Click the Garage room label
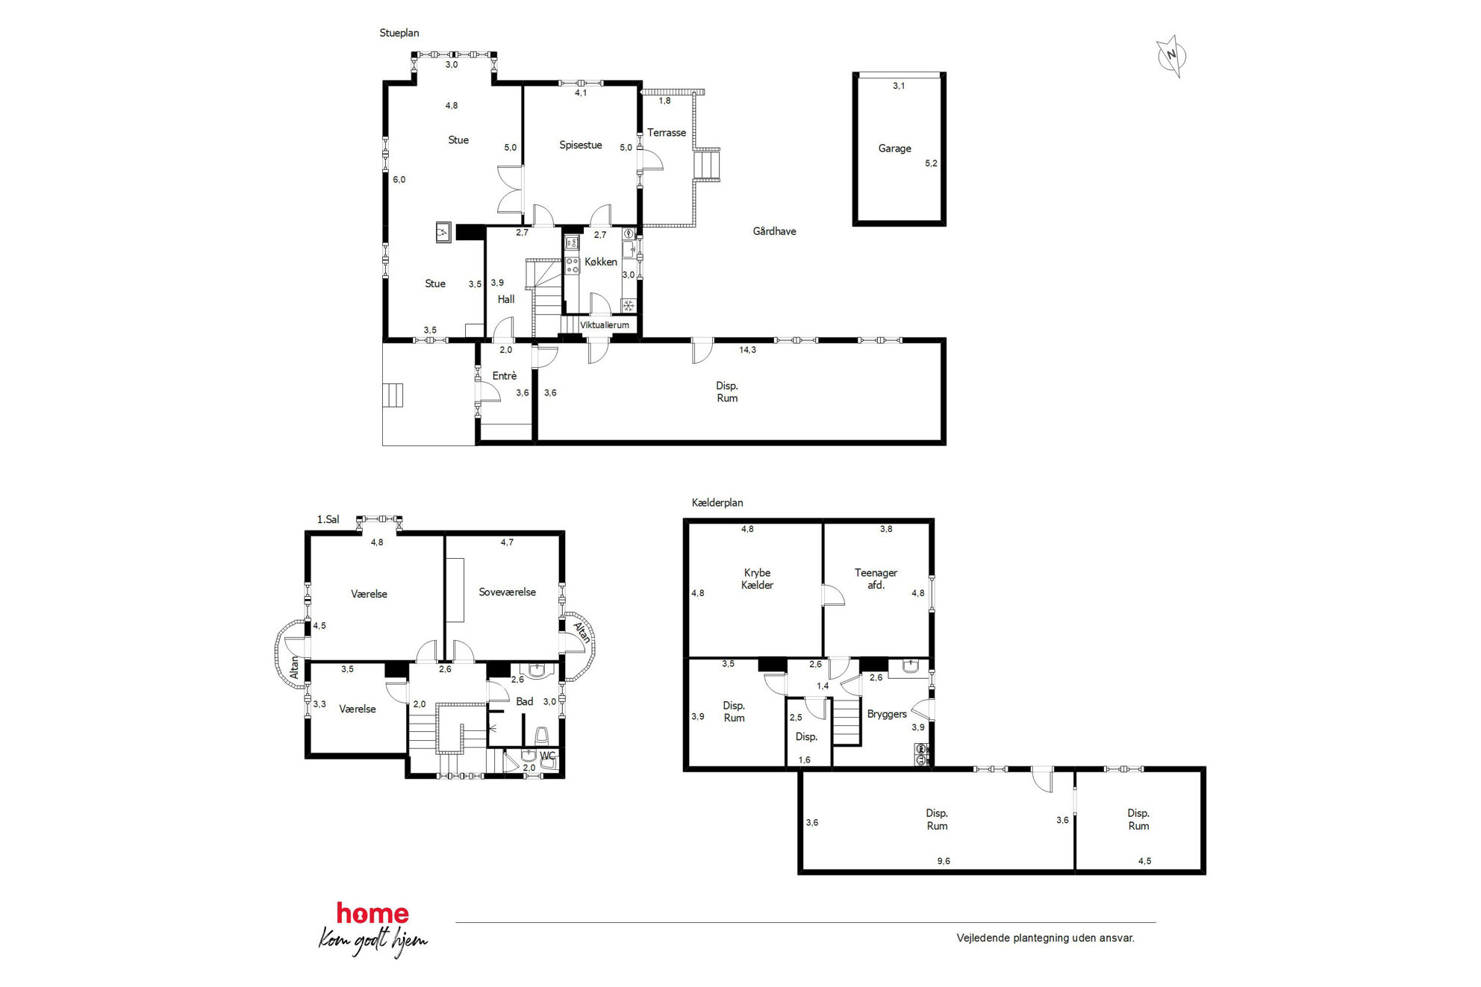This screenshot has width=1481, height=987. [x=894, y=148]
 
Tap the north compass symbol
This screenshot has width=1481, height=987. [x=1171, y=56]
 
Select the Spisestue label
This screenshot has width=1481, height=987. [x=580, y=145]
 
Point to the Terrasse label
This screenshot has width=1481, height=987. [x=666, y=133]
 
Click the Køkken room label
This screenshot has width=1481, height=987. [x=600, y=262]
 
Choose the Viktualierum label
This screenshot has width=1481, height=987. [x=604, y=325]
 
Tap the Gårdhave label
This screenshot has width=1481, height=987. [x=774, y=231]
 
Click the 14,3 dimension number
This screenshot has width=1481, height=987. [x=747, y=350]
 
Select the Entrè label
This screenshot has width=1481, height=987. [x=504, y=376]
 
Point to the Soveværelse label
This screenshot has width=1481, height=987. [x=507, y=592]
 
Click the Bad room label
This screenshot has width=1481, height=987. [x=524, y=702]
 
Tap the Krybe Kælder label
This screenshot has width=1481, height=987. [x=757, y=579]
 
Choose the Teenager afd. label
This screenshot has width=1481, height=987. [x=876, y=579]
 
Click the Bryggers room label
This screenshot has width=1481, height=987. [x=887, y=715]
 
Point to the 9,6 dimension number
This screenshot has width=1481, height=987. [x=944, y=861]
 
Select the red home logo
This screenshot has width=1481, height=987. [x=372, y=913]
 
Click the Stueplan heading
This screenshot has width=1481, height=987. [x=399, y=33]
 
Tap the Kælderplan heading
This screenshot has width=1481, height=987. [x=717, y=503]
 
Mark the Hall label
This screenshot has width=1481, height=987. [x=505, y=299]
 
